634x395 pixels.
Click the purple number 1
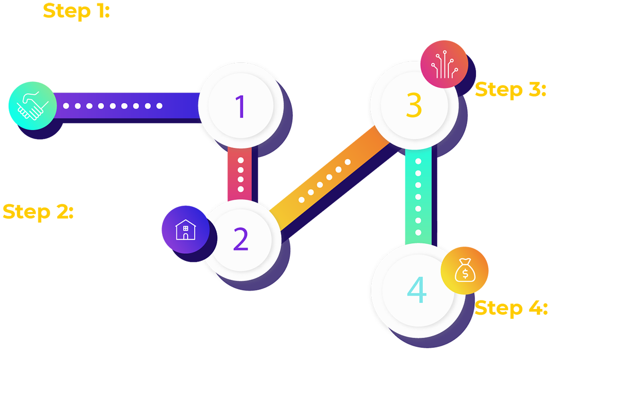(240, 106)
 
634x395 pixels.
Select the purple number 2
(240, 239)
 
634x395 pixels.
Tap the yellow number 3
(414, 104)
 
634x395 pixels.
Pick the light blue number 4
(417, 291)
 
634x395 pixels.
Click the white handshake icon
(32, 105)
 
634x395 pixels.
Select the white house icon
(186, 230)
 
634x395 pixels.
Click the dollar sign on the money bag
(465, 273)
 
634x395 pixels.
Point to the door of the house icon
(186, 236)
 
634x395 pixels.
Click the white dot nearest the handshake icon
(66, 106)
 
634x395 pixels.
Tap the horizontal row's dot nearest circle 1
(160, 106)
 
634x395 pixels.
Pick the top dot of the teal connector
(418, 162)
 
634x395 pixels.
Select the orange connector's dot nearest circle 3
(348, 162)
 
